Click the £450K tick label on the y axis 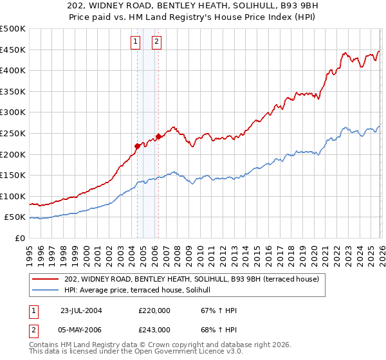(13, 50)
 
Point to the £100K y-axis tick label (13, 196)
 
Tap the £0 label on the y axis (20, 238)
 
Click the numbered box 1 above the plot (136, 42)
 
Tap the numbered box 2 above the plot (156, 42)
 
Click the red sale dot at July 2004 (137, 146)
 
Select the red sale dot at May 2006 (158, 136)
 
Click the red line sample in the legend (46, 279)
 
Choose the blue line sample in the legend (46, 290)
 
